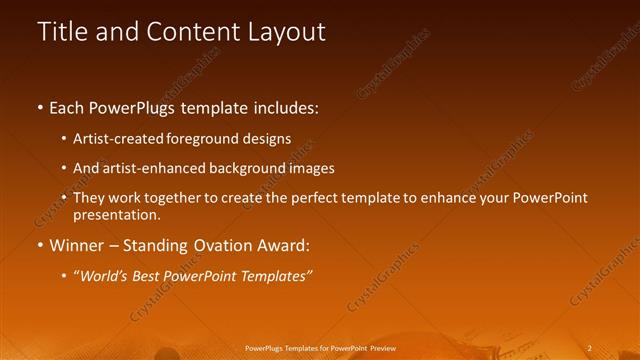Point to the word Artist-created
(115, 138)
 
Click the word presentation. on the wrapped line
(116, 214)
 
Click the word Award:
(285, 244)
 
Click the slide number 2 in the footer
(590, 347)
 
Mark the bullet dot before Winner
(39, 244)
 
